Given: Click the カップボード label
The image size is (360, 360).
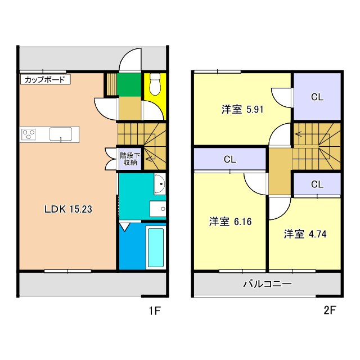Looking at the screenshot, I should [x=45, y=80].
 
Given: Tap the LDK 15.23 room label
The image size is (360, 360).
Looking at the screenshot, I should [x=68, y=209].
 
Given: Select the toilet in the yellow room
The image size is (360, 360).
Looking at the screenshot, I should [x=155, y=86].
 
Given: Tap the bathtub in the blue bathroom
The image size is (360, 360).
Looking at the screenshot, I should [x=155, y=247].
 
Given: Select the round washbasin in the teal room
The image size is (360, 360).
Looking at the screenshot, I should [x=159, y=183].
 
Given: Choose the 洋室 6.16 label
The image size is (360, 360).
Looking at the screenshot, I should [x=230, y=222].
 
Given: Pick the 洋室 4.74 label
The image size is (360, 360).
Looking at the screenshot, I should [x=304, y=233].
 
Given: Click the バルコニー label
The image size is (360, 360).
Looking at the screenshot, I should [x=267, y=284].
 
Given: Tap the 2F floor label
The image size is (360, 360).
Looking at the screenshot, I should [x=329, y=309].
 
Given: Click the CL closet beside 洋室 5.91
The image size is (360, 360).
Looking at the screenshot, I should [x=317, y=96].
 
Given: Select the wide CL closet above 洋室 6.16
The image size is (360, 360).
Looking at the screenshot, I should [x=229, y=159].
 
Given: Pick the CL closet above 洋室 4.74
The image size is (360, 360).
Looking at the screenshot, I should [x=317, y=184].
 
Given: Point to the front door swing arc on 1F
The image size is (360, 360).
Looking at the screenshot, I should [x=130, y=58].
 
